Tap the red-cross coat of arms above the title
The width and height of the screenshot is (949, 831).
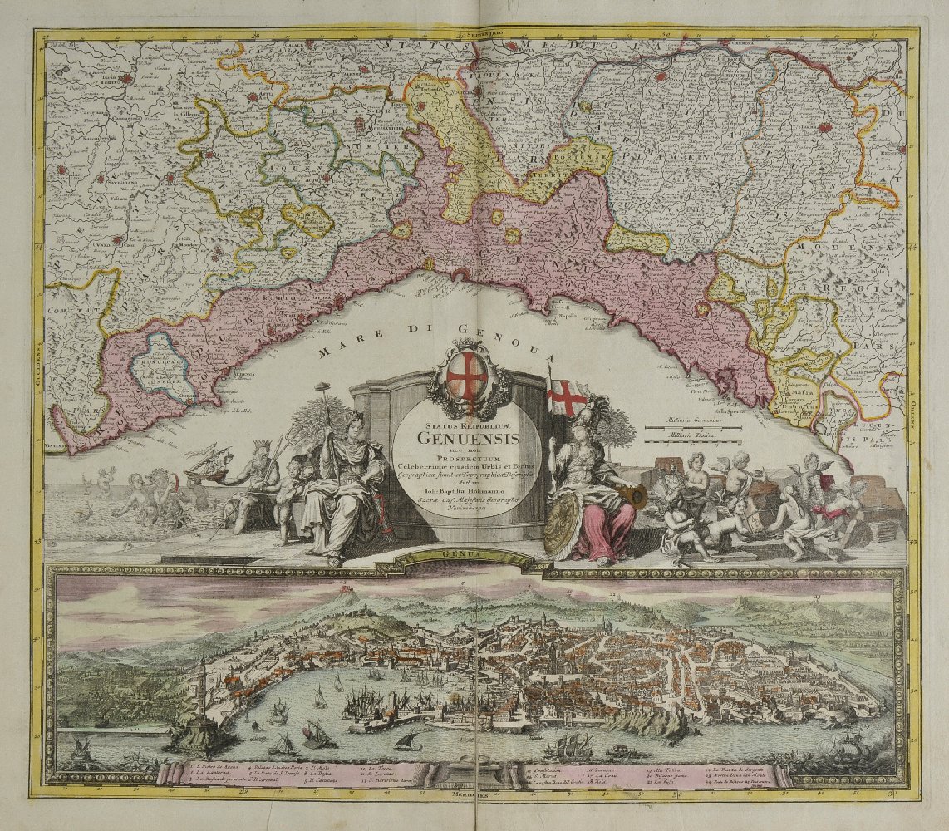click(467, 376)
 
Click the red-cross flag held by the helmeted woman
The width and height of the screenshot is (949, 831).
click(568, 397)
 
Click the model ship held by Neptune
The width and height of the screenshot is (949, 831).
click(209, 464)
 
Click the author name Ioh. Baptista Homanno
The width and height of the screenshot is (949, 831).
click(467, 493)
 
